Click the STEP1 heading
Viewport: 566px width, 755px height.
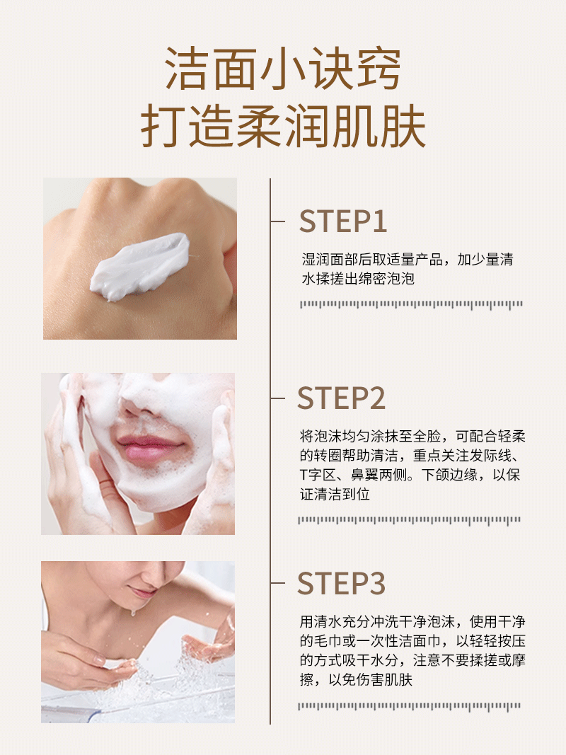coord(342,221)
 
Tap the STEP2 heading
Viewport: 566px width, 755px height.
coord(341,398)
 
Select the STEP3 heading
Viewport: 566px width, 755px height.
coord(341,584)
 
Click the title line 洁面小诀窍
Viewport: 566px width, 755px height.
coord(283,69)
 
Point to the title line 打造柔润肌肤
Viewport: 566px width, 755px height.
coord(283,126)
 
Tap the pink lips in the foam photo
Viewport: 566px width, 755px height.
coord(149,448)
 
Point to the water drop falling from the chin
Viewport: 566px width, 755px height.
coord(133,613)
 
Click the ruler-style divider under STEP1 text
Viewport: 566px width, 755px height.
coord(411,304)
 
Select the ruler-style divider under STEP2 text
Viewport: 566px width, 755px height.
coord(409,520)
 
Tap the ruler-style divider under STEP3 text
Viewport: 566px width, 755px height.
coord(409,706)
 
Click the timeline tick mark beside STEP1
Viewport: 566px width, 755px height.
coord(278,221)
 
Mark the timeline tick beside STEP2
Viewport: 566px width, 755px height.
coord(278,398)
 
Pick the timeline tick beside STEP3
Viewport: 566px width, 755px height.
coord(278,583)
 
